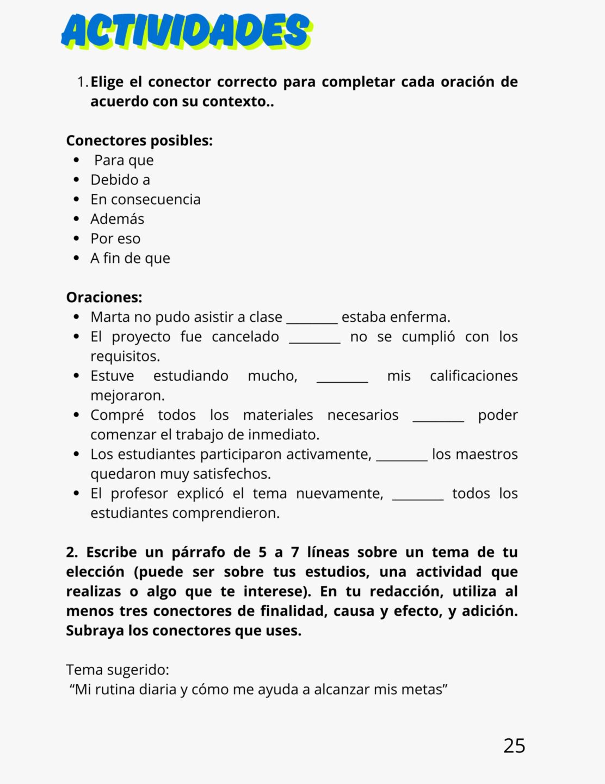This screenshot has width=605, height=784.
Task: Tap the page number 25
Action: (514, 745)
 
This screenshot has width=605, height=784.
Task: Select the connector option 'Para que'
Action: (124, 160)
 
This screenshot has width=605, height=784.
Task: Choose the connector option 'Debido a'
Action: (120, 180)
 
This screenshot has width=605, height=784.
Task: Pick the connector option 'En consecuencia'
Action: (145, 199)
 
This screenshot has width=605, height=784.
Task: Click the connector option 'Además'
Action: (117, 219)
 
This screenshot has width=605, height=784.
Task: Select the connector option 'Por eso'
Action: (115, 238)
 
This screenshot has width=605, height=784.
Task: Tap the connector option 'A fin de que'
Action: (130, 258)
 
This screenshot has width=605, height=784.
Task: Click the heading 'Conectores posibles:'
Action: (139, 140)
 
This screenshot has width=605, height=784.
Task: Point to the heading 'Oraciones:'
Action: (104, 297)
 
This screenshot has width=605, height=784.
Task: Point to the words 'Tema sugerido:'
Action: (118, 670)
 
